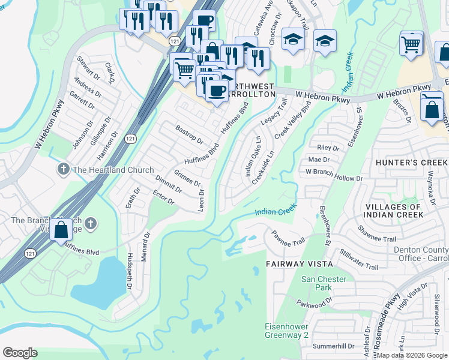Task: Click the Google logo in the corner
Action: point(20,353)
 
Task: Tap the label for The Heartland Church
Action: point(113,170)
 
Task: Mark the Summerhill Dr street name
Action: point(334,347)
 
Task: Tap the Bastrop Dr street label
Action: point(189,134)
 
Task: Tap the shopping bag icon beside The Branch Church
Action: point(61,229)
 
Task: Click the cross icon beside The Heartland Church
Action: point(63,170)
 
